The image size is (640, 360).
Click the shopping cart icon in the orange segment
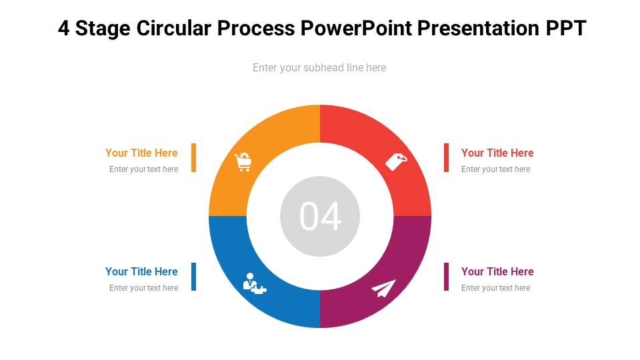tap(243, 162)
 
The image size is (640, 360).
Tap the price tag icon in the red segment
tap(396, 161)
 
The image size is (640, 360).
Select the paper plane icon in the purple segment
tap(383, 288)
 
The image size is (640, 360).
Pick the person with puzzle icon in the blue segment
tap(253, 283)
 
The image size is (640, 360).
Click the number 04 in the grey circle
tap(320, 216)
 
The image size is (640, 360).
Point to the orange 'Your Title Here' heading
tap(141, 153)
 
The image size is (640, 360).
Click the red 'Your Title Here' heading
tap(497, 153)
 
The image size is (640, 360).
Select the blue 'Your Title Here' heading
tap(141, 271)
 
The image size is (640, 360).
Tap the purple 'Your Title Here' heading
tap(497, 271)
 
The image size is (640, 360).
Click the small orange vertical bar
tap(193, 157)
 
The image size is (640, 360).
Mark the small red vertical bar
tap(447, 157)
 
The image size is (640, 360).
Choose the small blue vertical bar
tap(193, 277)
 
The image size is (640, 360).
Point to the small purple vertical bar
tap(447, 277)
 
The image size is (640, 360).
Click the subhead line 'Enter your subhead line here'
tap(319, 67)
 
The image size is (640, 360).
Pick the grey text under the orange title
tap(144, 169)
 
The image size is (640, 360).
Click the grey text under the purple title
tap(495, 288)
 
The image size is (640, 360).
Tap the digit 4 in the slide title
tap(64, 29)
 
